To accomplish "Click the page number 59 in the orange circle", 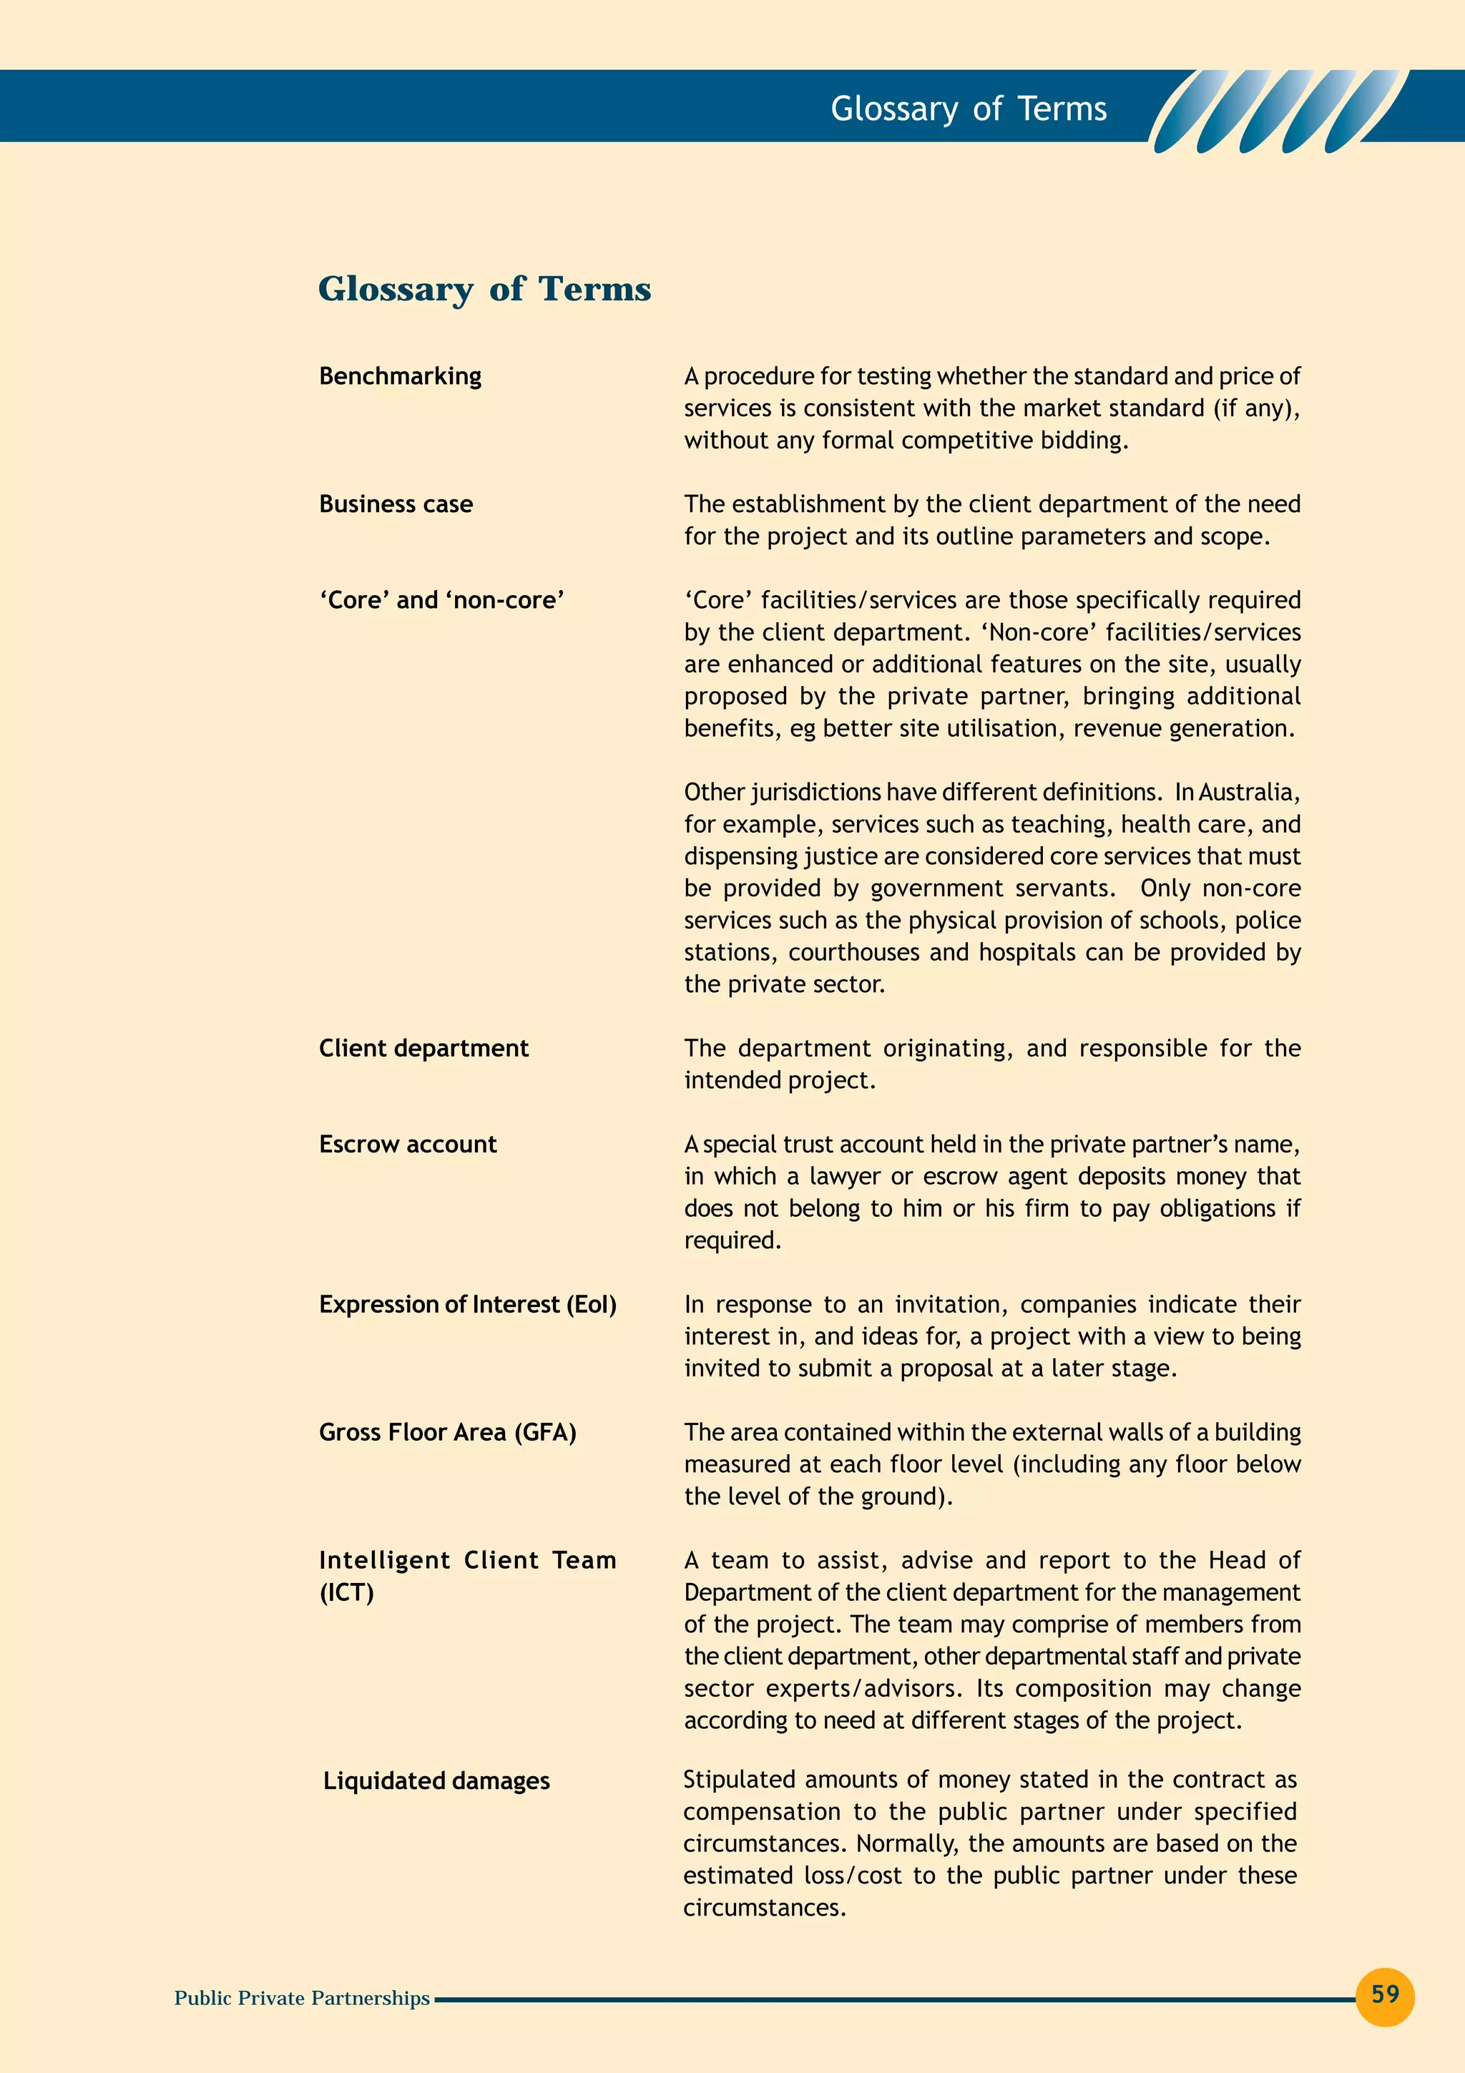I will [1385, 1994].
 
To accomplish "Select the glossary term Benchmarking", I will [400, 376].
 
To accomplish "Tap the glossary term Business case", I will [396, 504].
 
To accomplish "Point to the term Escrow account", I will [407, 1144].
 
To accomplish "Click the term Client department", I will [423, 1048].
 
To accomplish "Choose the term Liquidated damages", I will [436, 1780].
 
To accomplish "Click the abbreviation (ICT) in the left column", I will [347, 1593].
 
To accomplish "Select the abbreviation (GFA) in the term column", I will [545, 1433].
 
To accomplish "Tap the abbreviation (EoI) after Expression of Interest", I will [592, 1305].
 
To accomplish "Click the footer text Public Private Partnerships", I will [301, 1998].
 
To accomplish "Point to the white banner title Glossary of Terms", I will [968, 109].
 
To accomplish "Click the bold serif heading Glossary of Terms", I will [484, 289].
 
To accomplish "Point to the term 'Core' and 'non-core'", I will [441, 600].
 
